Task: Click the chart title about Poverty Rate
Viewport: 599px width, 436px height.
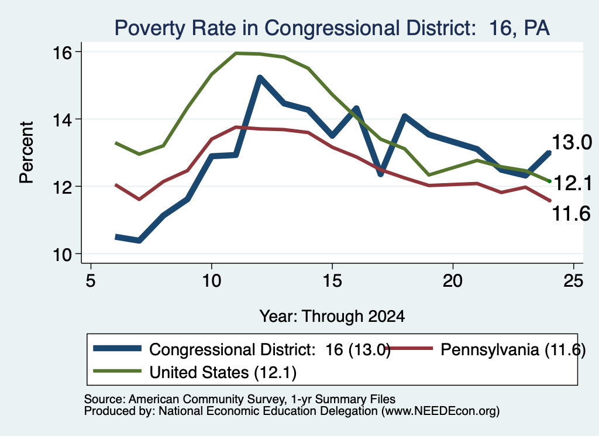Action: click(x=332, y=28)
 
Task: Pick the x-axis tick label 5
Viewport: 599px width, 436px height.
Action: click(x=91, y=281)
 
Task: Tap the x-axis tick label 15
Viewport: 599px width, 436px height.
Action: click(x=332, y=281)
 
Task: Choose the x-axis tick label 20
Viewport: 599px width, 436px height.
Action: click(x=453, y=281)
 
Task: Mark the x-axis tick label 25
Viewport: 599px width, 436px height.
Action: click(x=573, y=281)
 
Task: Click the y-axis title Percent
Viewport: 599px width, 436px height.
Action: click(x=26, y=153)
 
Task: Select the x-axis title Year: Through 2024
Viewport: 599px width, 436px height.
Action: click(x=332, y=317)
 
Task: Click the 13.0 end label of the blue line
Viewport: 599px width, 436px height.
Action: click(x=572, y=143)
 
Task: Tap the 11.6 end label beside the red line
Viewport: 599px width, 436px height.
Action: click(x=572, y=213)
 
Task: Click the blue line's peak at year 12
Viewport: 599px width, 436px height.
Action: click(x=260, y=78)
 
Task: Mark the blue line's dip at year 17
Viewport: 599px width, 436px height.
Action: click(x=380, y=174)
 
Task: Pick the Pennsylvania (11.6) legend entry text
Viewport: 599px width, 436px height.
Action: click(x=513, y=349)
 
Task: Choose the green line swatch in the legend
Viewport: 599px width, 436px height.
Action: click(x=117, y=370)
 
